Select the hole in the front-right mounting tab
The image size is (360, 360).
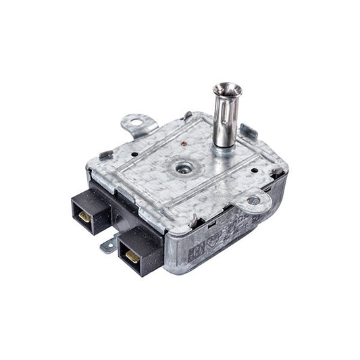tap(253, 200)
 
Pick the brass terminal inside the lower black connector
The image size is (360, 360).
tap(132, 257)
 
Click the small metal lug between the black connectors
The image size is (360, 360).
tap(108, 245)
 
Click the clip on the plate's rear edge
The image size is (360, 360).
tap(186, 115)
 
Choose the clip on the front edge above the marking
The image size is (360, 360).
tap(194, 221)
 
